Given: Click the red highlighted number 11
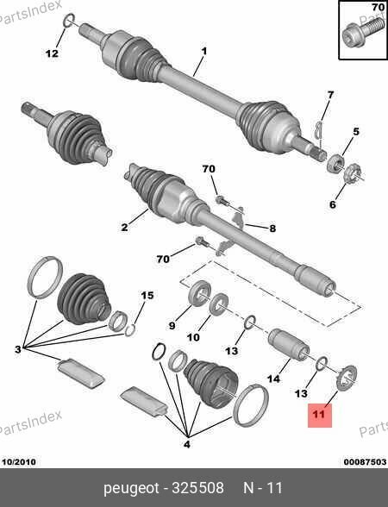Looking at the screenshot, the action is click(x=319, y=415).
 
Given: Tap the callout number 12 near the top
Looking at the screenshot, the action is click(x=52, y=53).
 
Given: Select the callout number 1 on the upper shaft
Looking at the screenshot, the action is click(x=204, y=51).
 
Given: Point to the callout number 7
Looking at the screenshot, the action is click(x=330, y=95).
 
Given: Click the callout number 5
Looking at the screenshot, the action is click(x=355, y=132).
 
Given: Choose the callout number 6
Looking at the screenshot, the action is click(x=333, y=204).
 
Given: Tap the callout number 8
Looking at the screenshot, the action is click(x=272, y=228).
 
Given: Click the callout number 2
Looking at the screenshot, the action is click(x=124, y=227).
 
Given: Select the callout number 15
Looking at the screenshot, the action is click(x=147, y=295).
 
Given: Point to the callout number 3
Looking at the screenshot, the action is click(x=18, y=349).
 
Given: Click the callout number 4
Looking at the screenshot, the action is click(x=187, y=444).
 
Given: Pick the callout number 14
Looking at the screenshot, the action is click(x=274, y=378).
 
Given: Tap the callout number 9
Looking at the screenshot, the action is click(x=172, y=326).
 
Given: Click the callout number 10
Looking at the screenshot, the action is click(x=193, y=338).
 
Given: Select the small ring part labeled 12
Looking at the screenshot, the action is click(x=68, y=21).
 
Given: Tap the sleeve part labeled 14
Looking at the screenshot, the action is click(x=289, y=345).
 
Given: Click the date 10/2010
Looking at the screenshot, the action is click(x=19, y=462).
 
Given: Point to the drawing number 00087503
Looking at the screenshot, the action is click(x=365, y=462).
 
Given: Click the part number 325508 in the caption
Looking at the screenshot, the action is click(x=197, y=488).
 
